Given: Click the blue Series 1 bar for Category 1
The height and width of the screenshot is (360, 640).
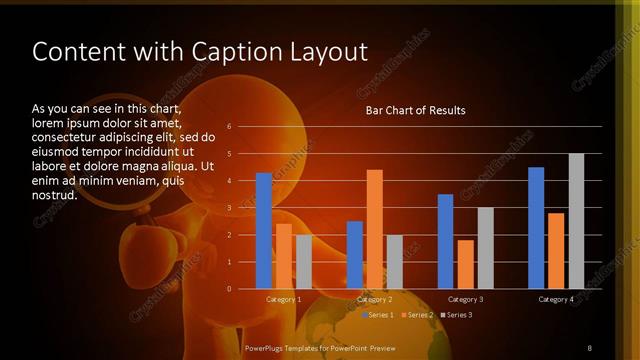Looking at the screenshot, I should coord(264,231).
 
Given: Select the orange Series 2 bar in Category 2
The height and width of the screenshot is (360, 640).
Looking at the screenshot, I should coord(375,229).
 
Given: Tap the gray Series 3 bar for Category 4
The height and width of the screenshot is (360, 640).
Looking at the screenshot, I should coord(576,221).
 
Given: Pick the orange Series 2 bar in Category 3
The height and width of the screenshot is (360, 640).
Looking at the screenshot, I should coord(465,264).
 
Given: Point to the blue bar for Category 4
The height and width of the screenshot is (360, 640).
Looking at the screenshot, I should coord(536,228).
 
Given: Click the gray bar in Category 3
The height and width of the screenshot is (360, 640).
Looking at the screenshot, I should coord(485,248).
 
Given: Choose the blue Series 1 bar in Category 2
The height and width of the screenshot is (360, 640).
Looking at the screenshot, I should coord(355,255).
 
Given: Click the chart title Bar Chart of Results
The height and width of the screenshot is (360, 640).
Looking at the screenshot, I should coord(415,110).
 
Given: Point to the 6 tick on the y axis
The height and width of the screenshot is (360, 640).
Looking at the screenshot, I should coord(230,126).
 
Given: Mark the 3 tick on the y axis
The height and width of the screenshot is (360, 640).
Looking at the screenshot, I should coord(230,208).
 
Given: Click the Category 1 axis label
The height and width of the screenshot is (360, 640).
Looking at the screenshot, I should coord(283,299).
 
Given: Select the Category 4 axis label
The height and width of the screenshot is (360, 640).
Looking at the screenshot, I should coord(556,299).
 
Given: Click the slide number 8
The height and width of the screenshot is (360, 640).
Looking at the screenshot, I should coord(590,348).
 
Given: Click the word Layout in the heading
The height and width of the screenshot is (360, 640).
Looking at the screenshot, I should coord(327,52).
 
